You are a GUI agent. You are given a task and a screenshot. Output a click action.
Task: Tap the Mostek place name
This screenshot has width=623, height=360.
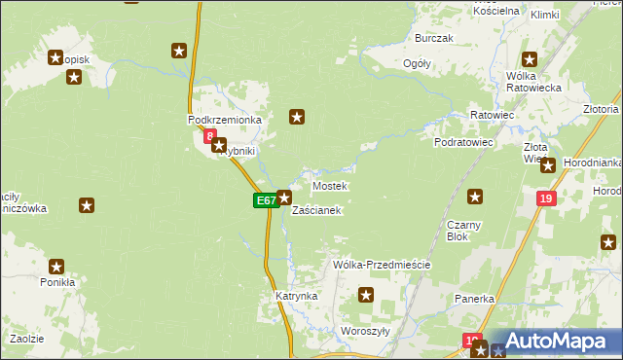(329, 185)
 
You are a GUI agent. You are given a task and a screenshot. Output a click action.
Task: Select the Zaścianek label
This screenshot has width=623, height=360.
(316, 210)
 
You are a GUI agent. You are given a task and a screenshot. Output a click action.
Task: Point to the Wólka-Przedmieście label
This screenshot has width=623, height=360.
(381, 265)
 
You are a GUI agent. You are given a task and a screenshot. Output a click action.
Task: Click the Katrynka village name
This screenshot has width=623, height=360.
(296, 295)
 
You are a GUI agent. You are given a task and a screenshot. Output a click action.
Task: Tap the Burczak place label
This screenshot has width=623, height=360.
(434, 38)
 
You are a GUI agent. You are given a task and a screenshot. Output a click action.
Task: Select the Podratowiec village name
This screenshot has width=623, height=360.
(464, 142)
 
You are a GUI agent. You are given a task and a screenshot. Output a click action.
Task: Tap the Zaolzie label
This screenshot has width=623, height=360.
(26, 338)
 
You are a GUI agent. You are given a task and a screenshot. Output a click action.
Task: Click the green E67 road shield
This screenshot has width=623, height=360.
(265, 199)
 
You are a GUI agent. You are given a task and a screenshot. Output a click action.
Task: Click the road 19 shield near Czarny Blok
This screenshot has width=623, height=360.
(545, 198)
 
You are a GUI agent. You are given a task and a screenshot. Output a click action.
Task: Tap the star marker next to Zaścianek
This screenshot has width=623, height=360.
(283, 198)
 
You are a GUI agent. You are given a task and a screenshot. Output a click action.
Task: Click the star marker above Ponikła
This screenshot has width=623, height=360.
(56, 266)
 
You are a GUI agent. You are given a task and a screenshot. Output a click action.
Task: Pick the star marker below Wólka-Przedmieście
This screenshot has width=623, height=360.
(366, 295)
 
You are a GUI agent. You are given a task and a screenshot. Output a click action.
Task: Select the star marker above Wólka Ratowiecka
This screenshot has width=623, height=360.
(530, 58)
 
